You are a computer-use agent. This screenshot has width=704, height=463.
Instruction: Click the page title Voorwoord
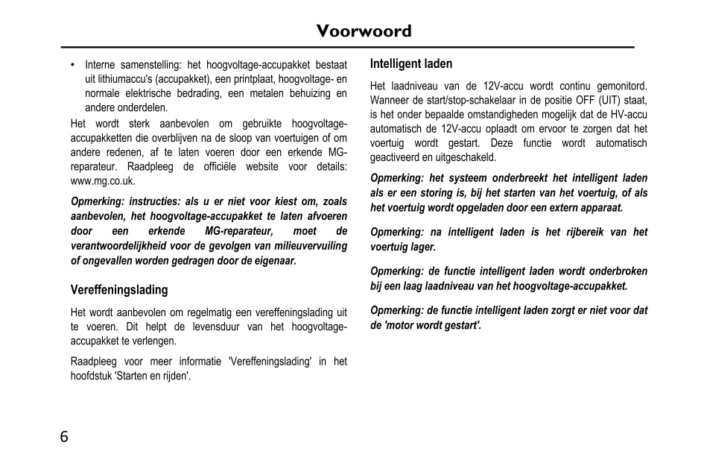tap(363, 31)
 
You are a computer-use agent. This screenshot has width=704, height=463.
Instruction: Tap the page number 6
tap(64, 437)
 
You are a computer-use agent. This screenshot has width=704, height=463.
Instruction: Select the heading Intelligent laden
tap(411, 64)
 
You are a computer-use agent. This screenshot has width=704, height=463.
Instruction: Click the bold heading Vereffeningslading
tap(119, 290)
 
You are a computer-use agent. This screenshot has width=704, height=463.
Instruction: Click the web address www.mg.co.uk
tap(103, 181)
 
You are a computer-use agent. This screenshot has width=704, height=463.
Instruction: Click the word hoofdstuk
tap(91, 377)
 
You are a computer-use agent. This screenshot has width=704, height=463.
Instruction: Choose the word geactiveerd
tap(396, 157)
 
